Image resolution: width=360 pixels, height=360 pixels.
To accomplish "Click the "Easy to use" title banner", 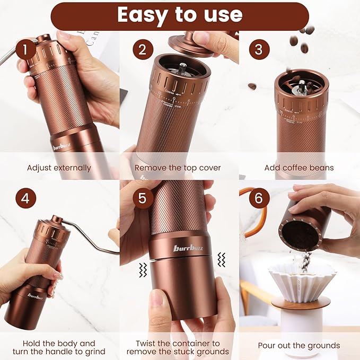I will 180,16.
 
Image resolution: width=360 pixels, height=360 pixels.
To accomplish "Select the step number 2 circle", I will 142,50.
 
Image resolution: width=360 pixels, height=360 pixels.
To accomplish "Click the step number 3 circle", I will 259,50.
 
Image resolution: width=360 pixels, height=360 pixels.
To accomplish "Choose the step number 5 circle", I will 142,198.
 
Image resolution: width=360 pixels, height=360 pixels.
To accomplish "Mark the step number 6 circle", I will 259,198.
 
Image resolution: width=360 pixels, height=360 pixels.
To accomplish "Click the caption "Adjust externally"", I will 59,168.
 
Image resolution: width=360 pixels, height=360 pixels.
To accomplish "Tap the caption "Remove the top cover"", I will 178,168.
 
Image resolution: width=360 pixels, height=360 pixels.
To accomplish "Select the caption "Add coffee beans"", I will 299,168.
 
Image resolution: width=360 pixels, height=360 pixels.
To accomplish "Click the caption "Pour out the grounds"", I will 299,346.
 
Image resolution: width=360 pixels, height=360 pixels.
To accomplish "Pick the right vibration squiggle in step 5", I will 221,259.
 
